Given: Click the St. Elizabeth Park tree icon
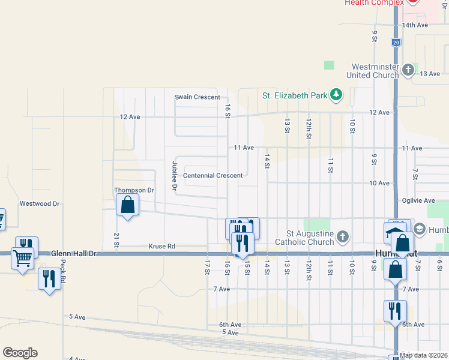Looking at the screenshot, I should click(x=337, y=95).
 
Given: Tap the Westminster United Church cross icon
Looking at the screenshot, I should click(x=408, y=70).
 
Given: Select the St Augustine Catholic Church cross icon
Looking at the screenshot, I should click(x=343, y=236).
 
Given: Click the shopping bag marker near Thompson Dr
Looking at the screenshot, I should click(x=128, y=205).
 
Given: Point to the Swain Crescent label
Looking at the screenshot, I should click(x=197, y=97).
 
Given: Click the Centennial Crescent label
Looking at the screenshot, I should click(x=212, y=176).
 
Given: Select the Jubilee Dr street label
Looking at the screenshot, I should click(x=175, y=175).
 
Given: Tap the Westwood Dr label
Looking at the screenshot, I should click(x=40, y=203).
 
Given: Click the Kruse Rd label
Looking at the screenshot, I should click(x=161, y=246).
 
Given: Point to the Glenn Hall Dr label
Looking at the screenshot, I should click(x=74, y=254).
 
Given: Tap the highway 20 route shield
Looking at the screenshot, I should click(x=396, y=43).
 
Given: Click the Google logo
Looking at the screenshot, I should click(x=20, y=353).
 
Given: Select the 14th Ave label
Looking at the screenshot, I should click(x=415, y=25).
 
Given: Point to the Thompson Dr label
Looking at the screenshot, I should click(x=134, y=190).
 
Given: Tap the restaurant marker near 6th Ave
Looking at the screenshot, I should click(x=395, y=311).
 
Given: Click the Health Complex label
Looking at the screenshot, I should click(x=370, y=3).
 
